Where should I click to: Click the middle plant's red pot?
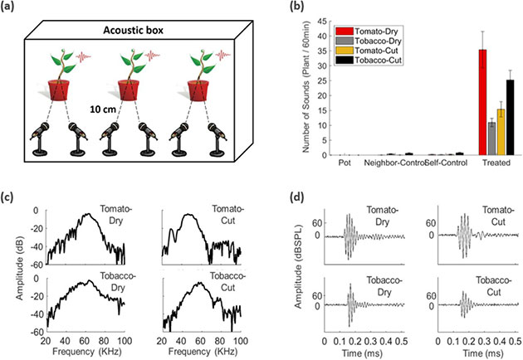[129, 89]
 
